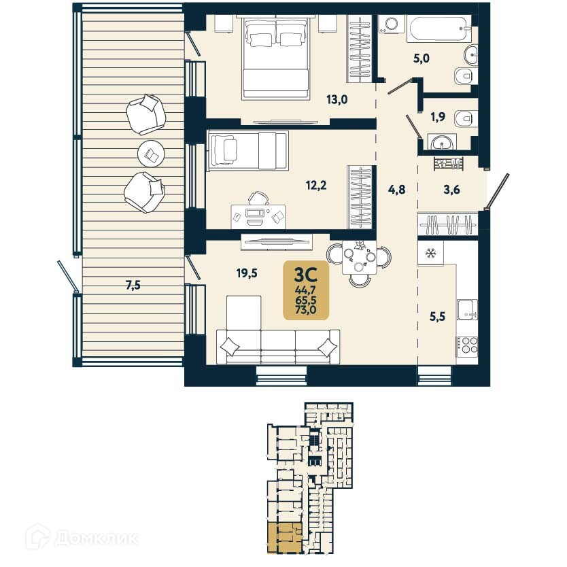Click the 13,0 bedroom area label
(x=337, y=99)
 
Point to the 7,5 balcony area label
(x=133, y=286)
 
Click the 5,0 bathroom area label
(x=422, y=58)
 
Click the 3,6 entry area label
(x=451, y=190)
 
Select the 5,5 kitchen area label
(x=437, y=315)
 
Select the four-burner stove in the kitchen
(x=467, y=345)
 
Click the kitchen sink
(x=467, y=309)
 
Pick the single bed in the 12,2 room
(x=247, y=148)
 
